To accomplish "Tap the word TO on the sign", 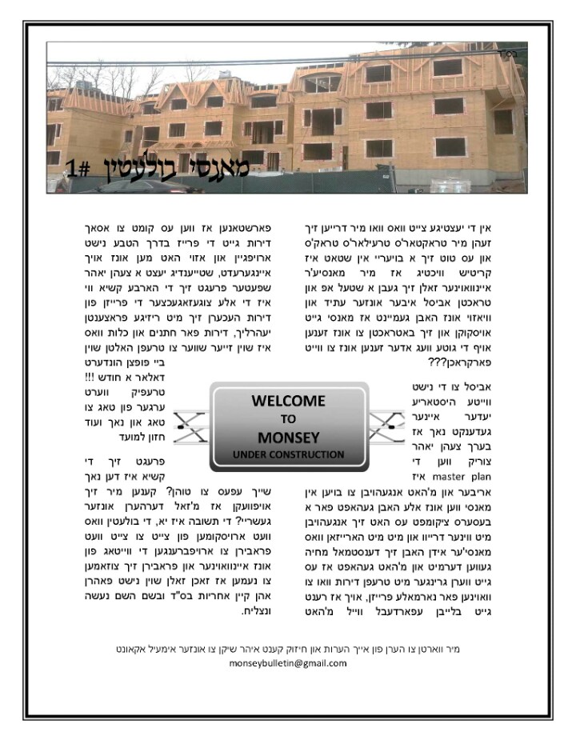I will [x=288, y=418].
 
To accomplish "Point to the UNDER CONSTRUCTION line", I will [x=288, y=454].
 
